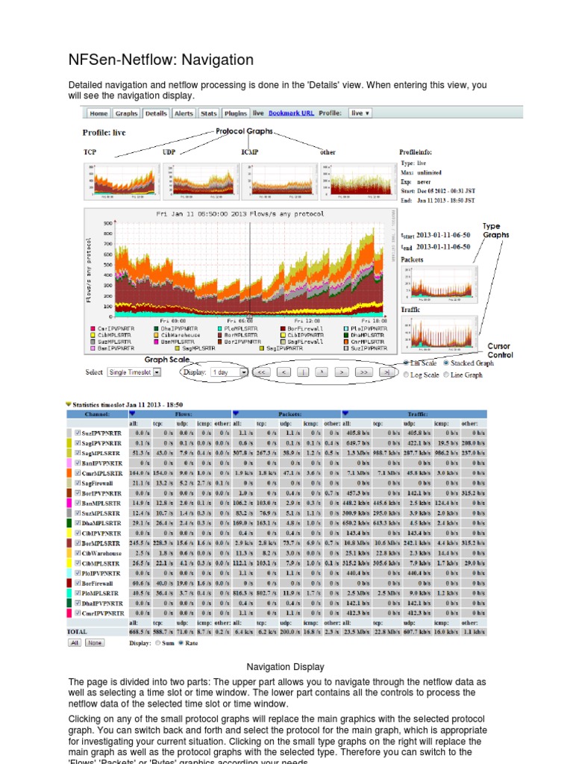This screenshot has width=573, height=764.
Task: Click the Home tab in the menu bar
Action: tap(98, 113)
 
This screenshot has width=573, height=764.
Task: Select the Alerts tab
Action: tap(184, 113)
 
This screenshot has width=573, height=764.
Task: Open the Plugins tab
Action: tap(236, 113)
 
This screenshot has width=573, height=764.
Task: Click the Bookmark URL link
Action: tap(291, 113)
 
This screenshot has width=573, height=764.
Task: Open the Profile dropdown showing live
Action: tap(360, 113)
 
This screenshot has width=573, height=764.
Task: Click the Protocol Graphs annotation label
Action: tap(244, 132)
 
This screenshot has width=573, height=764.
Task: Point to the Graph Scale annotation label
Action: tap(166, 359)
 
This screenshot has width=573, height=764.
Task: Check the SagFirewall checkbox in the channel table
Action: tap(78, 483)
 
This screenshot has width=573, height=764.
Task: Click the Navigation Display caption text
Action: tap(286, 666)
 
